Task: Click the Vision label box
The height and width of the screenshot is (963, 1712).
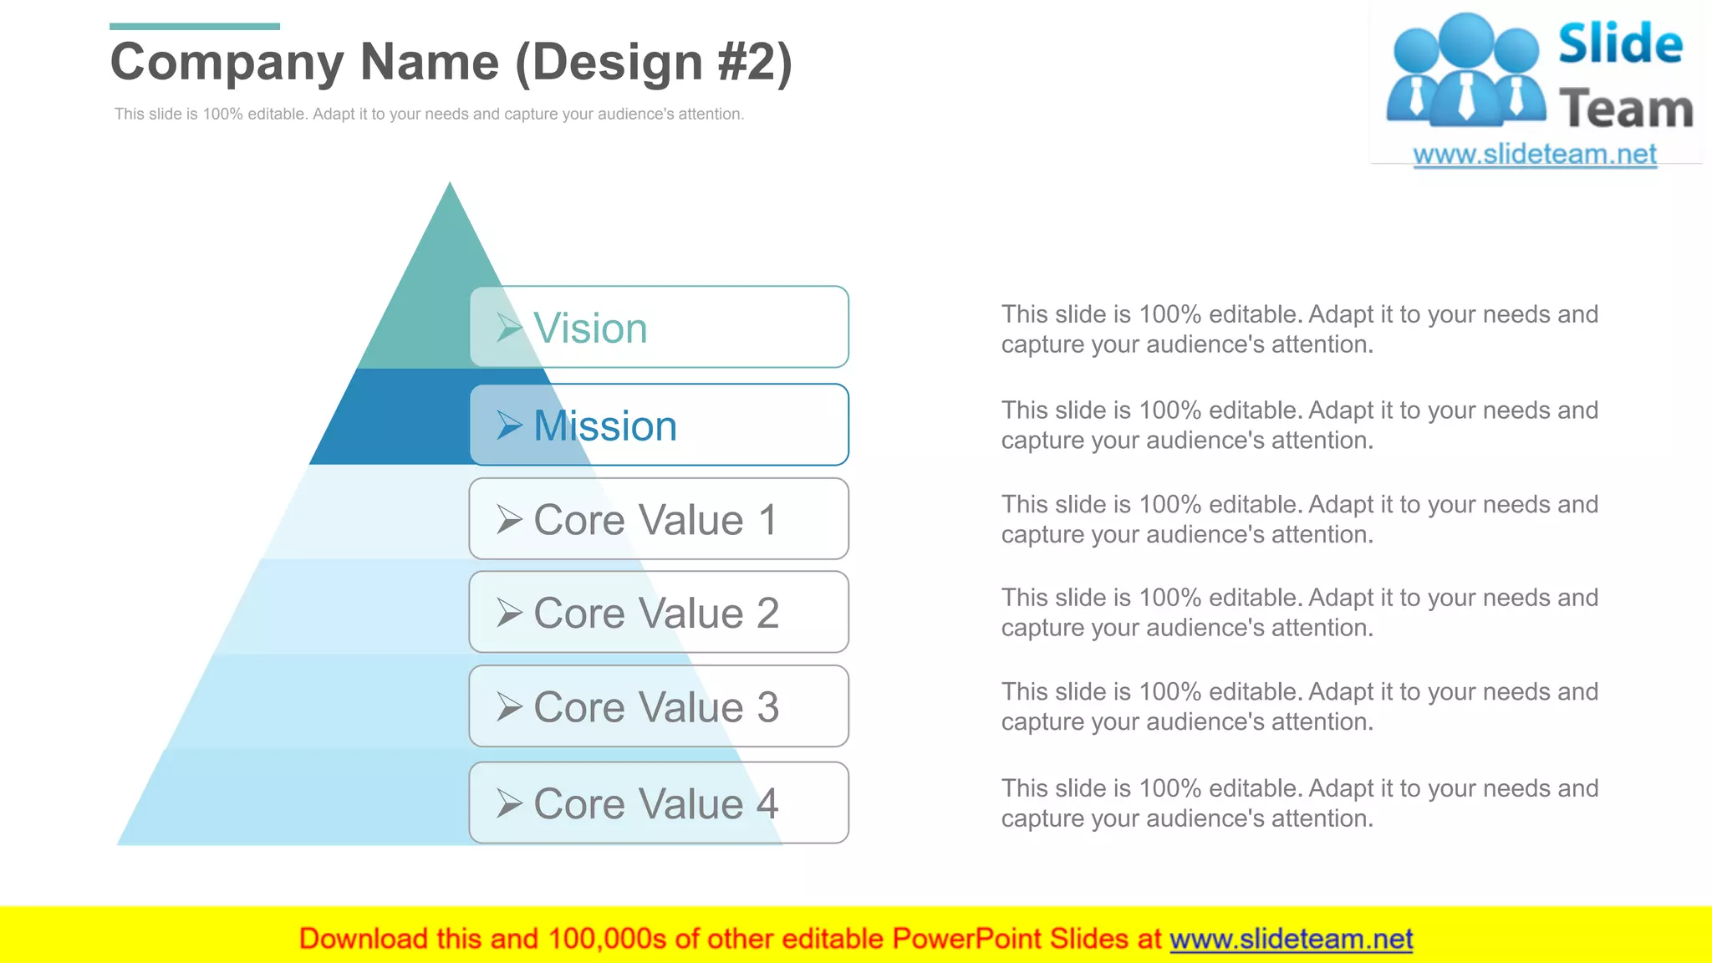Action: click(659, 327)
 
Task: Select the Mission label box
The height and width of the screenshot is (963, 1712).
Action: click(659, 425)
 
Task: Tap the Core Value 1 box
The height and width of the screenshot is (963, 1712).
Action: click(659, 519)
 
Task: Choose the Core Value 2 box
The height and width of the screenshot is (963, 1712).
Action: click(659, 612)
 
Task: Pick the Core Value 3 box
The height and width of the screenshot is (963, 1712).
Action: click(659, 706)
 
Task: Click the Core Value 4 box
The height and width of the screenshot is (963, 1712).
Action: click(659, 802)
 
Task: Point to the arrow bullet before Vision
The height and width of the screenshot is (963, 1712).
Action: click(509, 328)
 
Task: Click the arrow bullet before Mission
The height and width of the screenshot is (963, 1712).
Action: click(509, 425)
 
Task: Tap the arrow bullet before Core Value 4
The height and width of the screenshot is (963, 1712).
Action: click(509, 803)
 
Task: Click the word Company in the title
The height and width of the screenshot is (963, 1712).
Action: click(227, 63)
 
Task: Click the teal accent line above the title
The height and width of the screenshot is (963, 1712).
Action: click(194, 27)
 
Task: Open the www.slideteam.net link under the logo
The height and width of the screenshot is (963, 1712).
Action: click(1535, 155)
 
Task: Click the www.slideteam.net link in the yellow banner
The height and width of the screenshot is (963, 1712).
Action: click(1291, 939)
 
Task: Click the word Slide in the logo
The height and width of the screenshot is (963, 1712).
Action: click(1620, 44)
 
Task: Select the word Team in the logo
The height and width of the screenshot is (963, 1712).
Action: click(1626, 110)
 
